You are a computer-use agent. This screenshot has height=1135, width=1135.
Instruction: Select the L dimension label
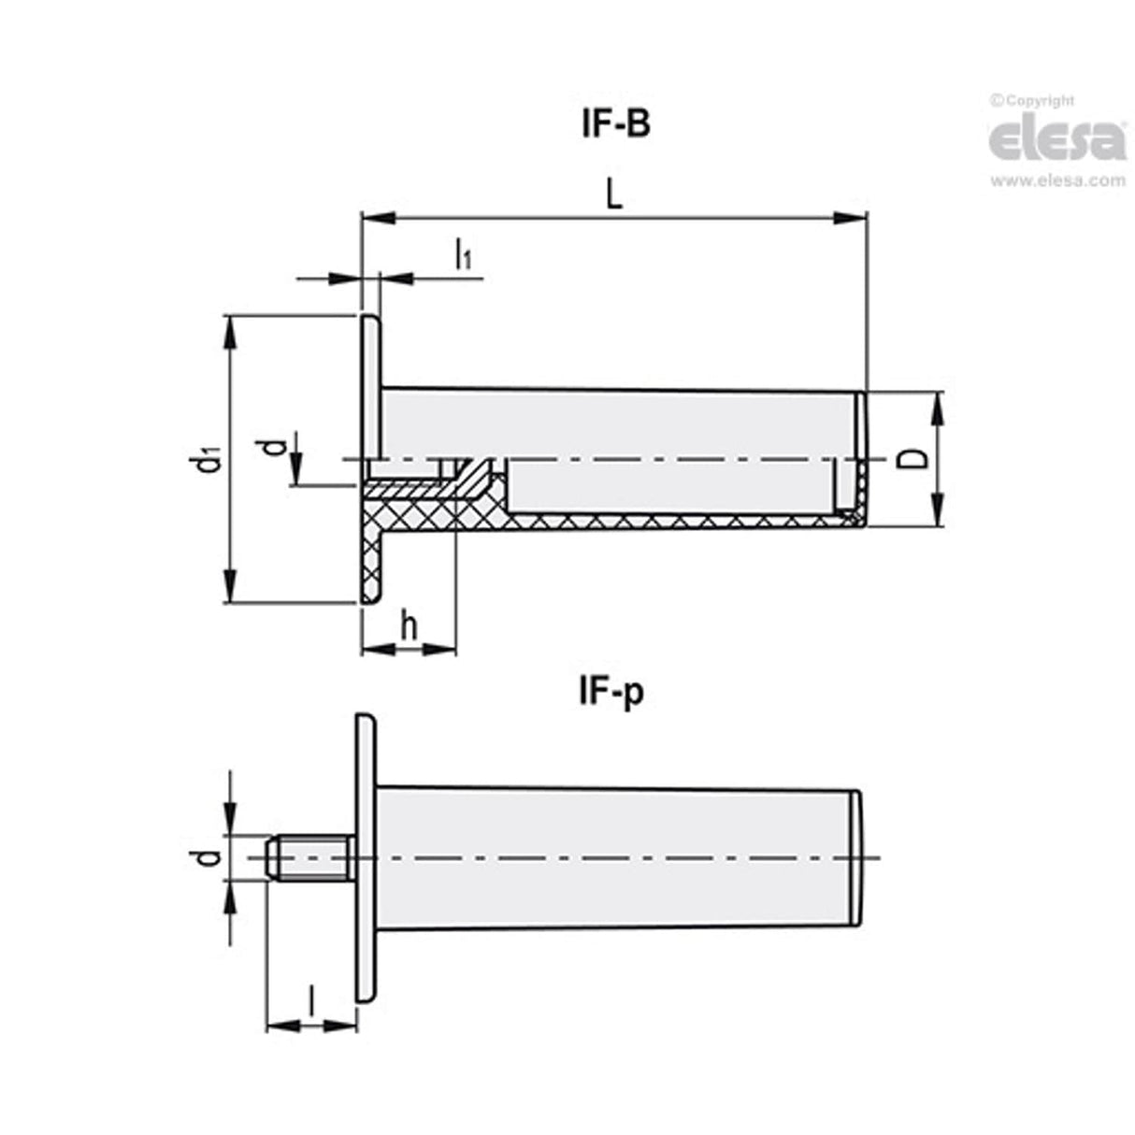(613, 194)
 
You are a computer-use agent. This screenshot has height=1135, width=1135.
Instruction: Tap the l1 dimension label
(463, 254)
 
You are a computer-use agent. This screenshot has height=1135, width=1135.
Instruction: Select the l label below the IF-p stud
(310, 1002)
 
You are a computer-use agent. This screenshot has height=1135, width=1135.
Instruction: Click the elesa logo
(1057, 139)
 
